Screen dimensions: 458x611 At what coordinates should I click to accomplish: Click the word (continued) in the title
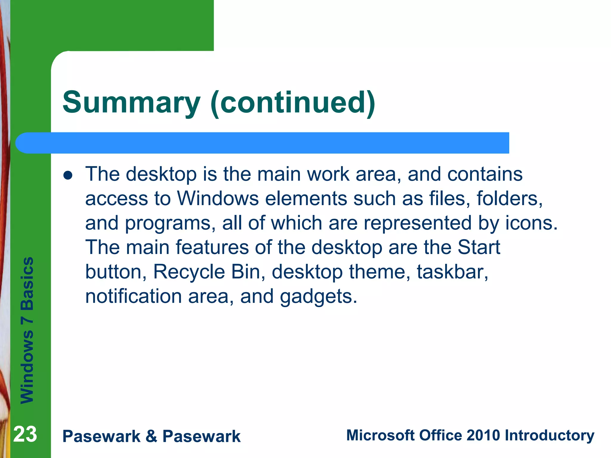click(x=293, y=103)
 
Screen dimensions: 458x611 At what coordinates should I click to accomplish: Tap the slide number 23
click(x=25, y=434)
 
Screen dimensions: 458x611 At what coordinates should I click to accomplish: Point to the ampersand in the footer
click(x=151, y=436)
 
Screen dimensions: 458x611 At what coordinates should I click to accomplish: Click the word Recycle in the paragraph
click(x=189, y=272)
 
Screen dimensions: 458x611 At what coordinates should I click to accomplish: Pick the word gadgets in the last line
click(x=318, y=297)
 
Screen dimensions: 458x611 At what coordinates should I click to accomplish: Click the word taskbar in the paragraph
click(x=452, y=272)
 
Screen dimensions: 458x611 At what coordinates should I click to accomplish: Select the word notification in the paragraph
click(x=133, y=296)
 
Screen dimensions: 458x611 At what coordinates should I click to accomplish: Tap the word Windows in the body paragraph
click(x=218, y=199)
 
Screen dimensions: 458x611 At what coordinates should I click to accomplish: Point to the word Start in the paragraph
click(x=479, y=247)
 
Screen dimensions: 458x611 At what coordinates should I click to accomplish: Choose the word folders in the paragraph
click(x=509, y=199)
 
